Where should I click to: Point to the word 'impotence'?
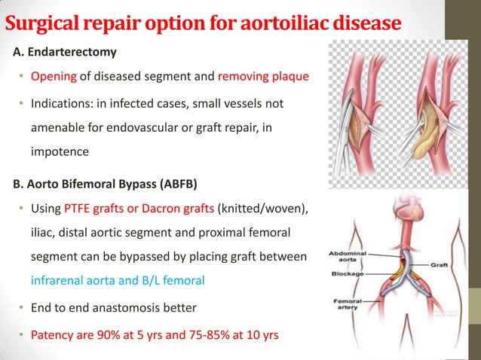coord(60,151)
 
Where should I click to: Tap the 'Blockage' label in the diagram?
coord(347,275)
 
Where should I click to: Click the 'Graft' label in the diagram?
coord(440,264)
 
